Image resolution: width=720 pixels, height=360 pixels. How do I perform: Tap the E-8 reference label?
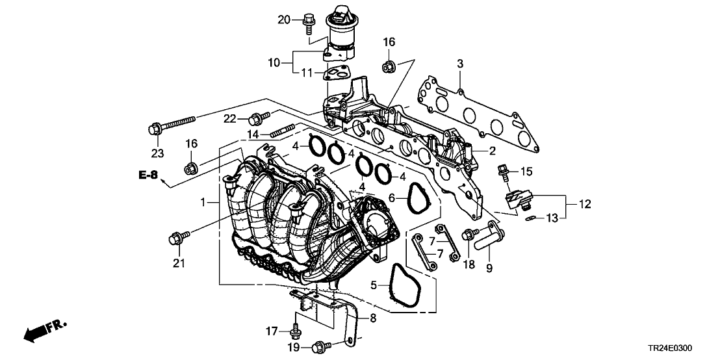point(148,174)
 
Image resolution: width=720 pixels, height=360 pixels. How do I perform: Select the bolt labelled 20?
point(307,22)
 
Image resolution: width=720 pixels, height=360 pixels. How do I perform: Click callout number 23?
point(155,153)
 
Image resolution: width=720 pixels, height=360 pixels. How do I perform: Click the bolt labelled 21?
point(177,238)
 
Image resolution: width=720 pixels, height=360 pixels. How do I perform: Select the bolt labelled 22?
point(258,118)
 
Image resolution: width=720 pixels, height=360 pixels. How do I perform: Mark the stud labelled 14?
point(277,132)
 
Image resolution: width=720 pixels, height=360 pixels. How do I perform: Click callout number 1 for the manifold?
point(203,203)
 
